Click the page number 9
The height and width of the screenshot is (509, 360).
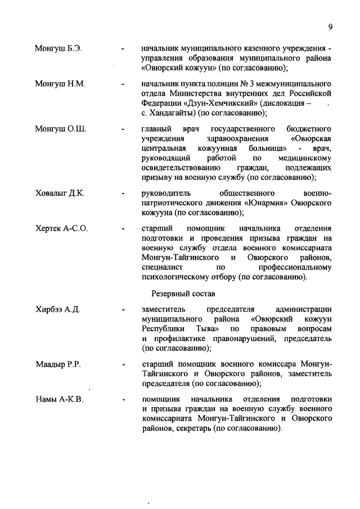tap(331, 26)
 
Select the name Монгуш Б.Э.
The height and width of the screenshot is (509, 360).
tap(58, 48)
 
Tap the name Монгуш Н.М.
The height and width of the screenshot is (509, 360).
tap(60, 84)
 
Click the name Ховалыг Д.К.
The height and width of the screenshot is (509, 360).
tap(60, 192)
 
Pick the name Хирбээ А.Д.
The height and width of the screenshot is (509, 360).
tap(58, 309)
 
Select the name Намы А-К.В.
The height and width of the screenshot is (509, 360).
tap(59, 400)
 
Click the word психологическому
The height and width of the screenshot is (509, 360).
tap(188, 277)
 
